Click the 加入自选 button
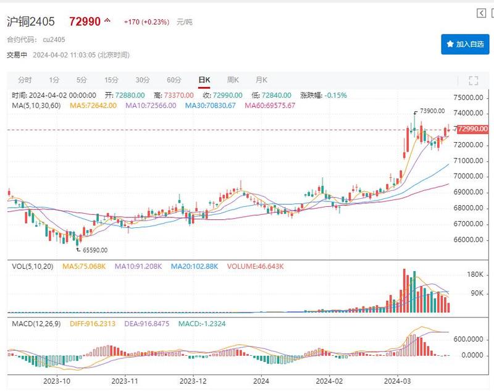click(x=465, y=44)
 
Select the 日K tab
click(x=204, y=80)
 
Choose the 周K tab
click(x=233, y=80)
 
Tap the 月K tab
click(x=261, y=80)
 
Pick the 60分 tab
click(x=174, y=80)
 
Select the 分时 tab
click(x=25, y=80)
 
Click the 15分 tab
click(x=111, y=80)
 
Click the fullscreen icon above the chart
click(x=474, y=80)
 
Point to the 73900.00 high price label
click(x=432, y=111)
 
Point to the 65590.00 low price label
click(x=94, y=250)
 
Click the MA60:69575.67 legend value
click(x=270, y=106)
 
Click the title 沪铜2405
click(x=31, y=22)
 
